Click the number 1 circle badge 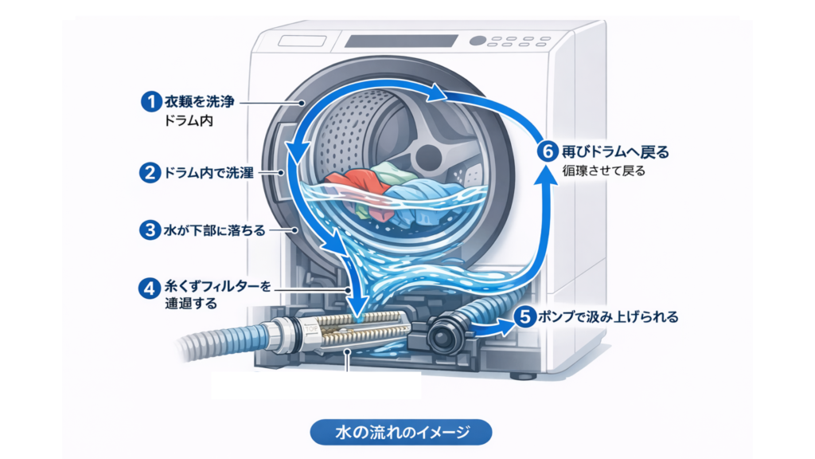coord(149,103)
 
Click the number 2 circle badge coord(149,173)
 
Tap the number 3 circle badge coord(149,230)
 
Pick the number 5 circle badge coord(524,317)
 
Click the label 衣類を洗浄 coord(198,103)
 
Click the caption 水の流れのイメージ coord(400,432)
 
